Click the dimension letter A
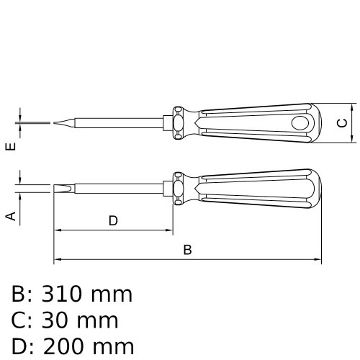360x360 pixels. tap(11, 215)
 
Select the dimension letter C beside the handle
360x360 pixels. tap(343, 122)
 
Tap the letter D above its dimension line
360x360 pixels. tap(113, 221)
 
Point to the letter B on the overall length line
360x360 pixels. tap(187, 250)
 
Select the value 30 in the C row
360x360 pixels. tap(59, 320)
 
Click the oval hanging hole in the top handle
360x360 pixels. tap(298, 123)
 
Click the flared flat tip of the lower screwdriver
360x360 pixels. tap(60, 189)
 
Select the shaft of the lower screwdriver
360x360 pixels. tap(122, 189)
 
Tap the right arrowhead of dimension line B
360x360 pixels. tap(316, 260)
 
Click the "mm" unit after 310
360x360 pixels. tap(112, 294)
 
